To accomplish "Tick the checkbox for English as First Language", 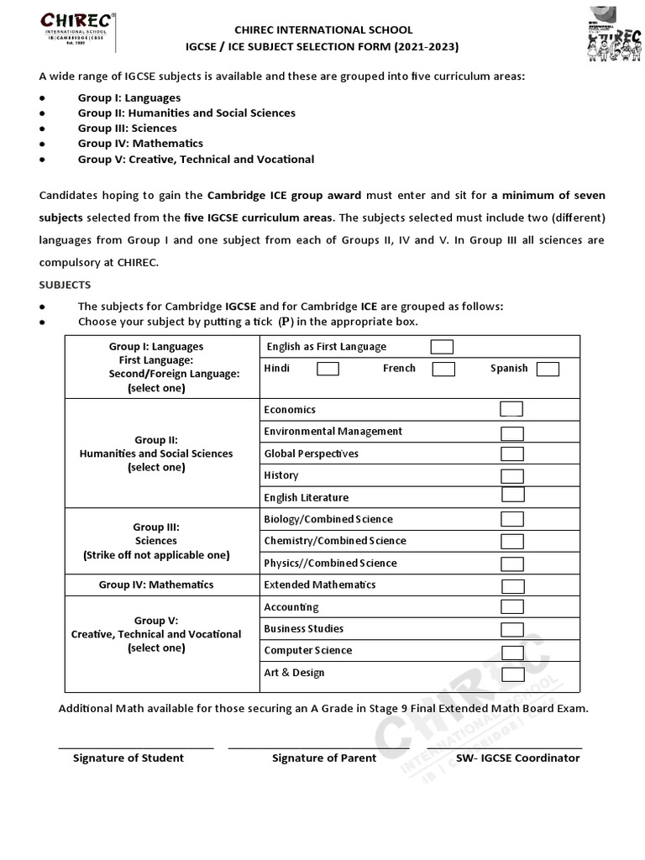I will (x=442, y=347).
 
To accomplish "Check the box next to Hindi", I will (x=328, y=369).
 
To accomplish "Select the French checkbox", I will (x=443, y=369).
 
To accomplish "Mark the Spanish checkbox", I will (x=548, y=369).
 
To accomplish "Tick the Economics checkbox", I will (x=511, y=409).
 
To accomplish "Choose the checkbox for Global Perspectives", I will (x=511, y=454).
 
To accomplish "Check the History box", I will (x=511, y=475).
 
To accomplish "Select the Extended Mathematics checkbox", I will (x=511, y=585).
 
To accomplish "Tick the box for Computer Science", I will (x=511, y=651).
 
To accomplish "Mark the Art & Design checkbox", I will (x=511, y=673).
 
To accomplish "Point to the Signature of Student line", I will (x=135, y=747).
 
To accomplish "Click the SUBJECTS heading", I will (x=65, y=285).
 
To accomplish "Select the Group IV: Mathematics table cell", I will (x=156, y=585).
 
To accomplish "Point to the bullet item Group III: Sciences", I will (x=127, y=128).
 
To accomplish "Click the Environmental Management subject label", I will (x=333, y=431).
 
